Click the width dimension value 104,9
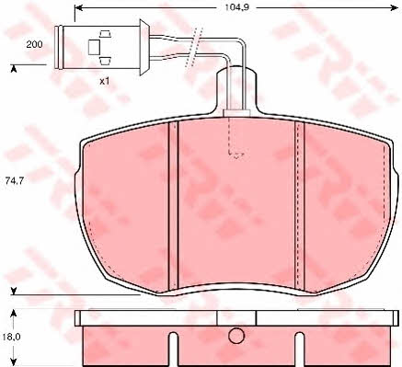point(236,7)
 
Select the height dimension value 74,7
point(15,181)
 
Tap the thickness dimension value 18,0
point(11,338)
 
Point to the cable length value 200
point(34,44)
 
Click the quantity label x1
point(105,82)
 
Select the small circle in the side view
point(236,336)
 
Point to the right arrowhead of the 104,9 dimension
point(394,8)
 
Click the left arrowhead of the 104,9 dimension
point(79,8)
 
